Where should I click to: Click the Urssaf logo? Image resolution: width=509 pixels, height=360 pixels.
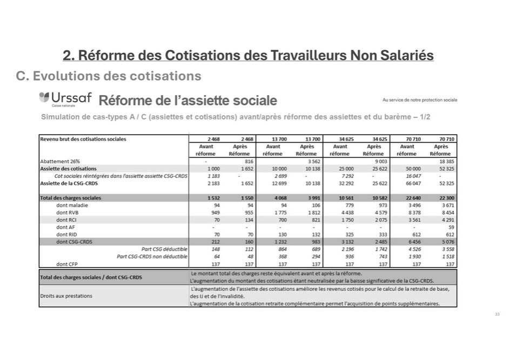(x=65, y=99)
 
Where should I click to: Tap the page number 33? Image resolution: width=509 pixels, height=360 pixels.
(x=497, y=314)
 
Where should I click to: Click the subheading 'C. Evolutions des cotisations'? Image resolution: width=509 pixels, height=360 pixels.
(x=109, y=76)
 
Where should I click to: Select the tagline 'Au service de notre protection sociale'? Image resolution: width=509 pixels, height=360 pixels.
(x=419, y=100)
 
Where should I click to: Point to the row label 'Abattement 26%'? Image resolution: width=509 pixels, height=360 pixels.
(x=61, y=161)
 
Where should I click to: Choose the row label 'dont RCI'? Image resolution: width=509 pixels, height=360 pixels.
(x=68, y=220)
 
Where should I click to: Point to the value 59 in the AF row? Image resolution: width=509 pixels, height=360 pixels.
(x=451, y=228)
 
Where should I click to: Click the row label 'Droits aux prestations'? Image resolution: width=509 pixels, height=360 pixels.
(x=66, y=296)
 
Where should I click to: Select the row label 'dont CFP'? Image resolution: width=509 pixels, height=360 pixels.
(x=68, y=264)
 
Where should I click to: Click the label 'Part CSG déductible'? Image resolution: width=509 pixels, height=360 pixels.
(x=164, y=249)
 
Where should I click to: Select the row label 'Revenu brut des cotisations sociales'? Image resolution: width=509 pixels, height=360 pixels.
(x=83, y=139)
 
